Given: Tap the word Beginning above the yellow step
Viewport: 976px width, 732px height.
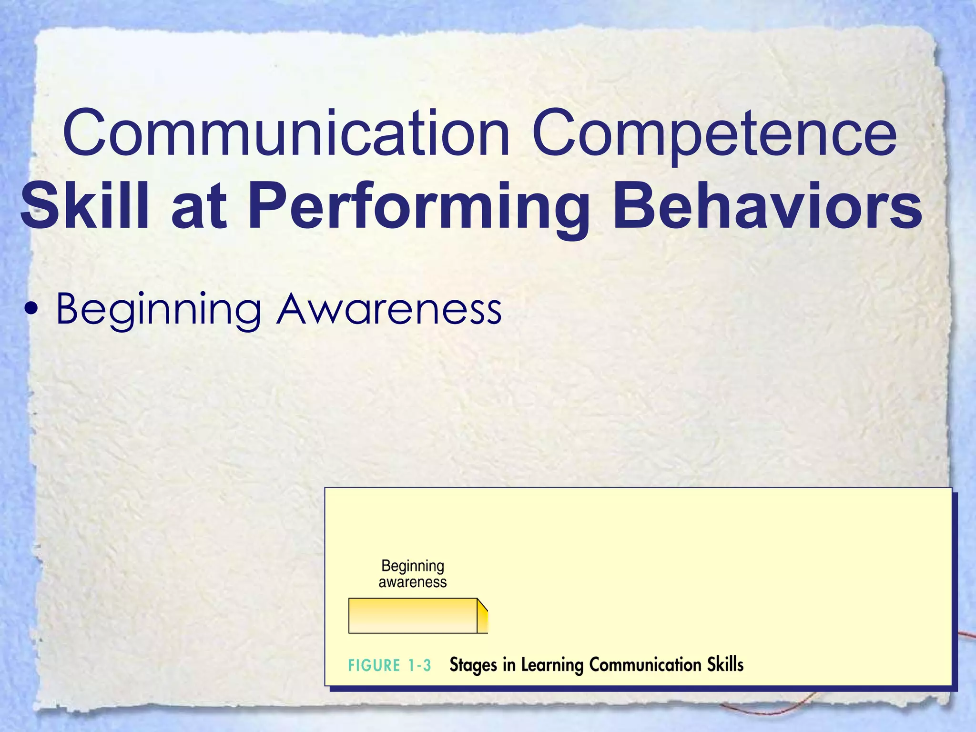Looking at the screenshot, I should point(413,566).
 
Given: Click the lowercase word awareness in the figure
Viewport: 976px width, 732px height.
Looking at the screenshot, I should point(413,582).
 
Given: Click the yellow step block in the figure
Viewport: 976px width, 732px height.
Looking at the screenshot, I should point(413,615).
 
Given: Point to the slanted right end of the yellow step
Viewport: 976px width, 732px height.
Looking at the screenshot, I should point(483,615).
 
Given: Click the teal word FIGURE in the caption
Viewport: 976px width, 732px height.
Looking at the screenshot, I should point(374,665).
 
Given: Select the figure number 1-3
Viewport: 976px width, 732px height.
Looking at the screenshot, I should point(419,665).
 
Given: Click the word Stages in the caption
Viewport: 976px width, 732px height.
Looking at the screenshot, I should point(474,665).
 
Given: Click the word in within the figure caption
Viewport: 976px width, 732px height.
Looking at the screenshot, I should point(509,664).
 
